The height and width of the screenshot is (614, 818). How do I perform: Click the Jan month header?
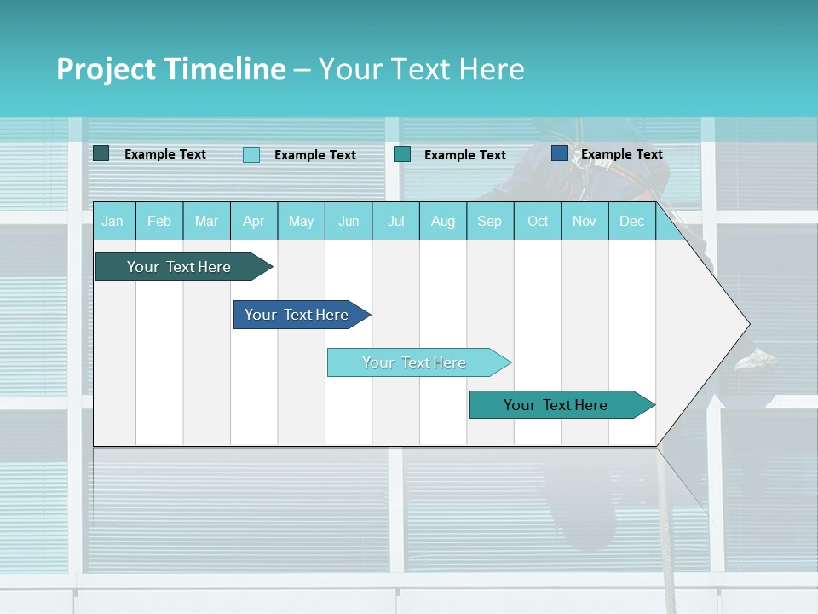coord(112,222)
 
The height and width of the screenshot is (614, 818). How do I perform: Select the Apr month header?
coord(253,222)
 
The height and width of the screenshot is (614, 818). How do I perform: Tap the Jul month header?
coord(395,222)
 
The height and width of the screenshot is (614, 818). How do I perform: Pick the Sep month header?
coord(489,222)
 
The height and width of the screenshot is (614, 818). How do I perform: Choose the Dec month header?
coord(631,222)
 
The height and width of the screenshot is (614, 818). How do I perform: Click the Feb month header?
coord(159,222)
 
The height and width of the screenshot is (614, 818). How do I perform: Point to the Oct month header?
coord(538,222)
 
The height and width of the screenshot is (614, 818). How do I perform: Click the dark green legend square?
coord(101,153)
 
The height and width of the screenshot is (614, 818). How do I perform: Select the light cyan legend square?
coord(251,154)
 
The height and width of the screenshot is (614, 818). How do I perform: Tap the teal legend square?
coord(402,153)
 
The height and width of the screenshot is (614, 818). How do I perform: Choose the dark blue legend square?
coord(560,153)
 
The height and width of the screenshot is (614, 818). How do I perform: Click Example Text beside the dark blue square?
coord(622,154)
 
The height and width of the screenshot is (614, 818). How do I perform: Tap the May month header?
coord(301,222)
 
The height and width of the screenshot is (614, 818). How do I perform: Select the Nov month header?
coord(585,222)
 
